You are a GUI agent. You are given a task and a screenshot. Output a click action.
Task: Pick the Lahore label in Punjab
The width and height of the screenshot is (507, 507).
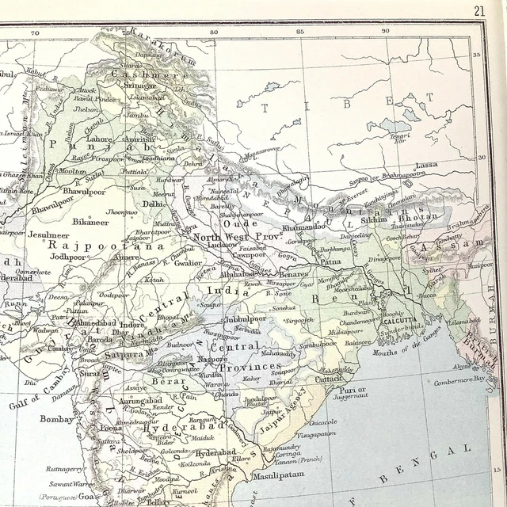[100, 138]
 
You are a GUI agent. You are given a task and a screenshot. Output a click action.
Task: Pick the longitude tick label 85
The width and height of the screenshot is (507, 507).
[299, 32]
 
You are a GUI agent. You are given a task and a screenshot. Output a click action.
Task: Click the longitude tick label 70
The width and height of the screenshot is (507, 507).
[34, 32]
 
